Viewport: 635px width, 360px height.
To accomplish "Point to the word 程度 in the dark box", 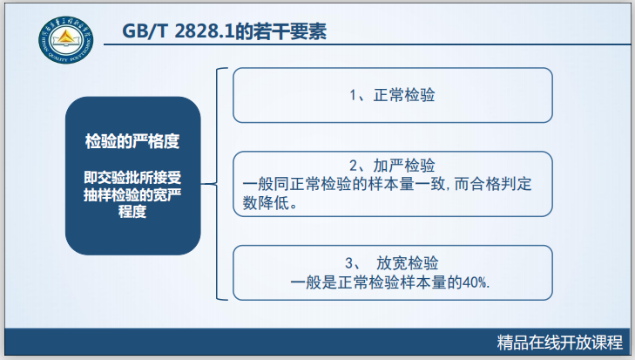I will pos(132,214).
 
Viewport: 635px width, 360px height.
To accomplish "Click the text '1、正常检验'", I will pos(393,95).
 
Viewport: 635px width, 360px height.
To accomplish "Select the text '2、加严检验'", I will pos(393,166).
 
